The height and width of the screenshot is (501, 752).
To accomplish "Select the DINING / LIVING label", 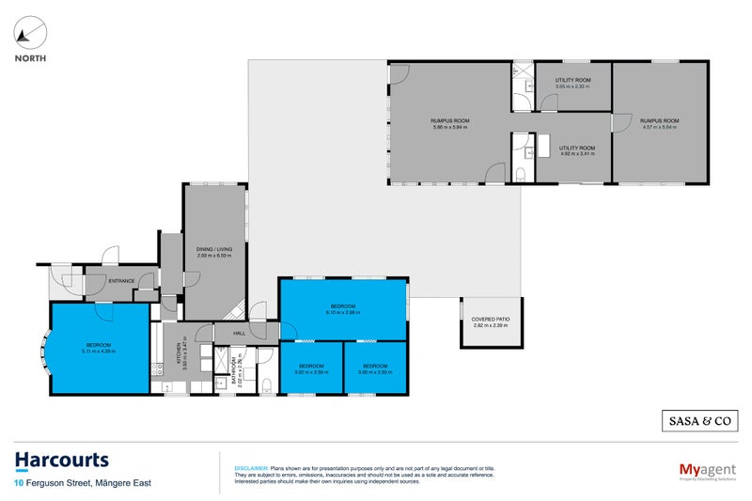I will click(x=215, y=249).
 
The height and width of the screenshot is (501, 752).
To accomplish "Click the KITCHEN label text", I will click(x=177, y=354).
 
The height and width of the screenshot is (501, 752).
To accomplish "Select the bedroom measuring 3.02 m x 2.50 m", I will click(x=311, y=372).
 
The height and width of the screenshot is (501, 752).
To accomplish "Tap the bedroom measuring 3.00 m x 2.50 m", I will click(x=375, y=372).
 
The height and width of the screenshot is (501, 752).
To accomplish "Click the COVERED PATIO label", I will click(x=491, y=321).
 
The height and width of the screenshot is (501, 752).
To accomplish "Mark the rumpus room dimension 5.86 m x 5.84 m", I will click(x=450, y=128).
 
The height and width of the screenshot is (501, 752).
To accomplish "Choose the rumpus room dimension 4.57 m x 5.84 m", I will click(x=659, y=128).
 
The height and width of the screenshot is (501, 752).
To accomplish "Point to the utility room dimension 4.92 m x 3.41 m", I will click(x=577, y=153).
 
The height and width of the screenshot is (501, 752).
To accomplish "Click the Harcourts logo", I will click(x=62, y=460).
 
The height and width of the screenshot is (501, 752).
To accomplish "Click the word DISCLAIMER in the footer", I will click(x=251, y=467).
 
